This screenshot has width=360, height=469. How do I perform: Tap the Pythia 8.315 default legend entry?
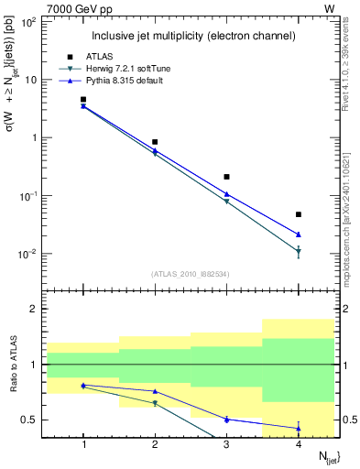[x=118, y=82]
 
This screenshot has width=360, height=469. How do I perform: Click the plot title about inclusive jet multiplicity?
[x=191, y=36]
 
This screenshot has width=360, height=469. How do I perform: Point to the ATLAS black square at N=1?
[x=83, y=99]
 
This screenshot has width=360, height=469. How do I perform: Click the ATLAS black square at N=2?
[x=155, y=142]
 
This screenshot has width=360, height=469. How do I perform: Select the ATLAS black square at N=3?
[x=226, y=177]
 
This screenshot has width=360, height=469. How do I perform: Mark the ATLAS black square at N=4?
[x=298, y=214]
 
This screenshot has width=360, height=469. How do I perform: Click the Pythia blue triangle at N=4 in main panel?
[x=298, y=234]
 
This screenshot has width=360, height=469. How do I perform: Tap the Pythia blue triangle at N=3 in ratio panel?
[x=226, y=419]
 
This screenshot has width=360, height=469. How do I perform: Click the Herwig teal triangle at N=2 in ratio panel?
[x=155, y=403]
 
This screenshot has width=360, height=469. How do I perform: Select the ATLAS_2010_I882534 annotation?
[x=191, y=273]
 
